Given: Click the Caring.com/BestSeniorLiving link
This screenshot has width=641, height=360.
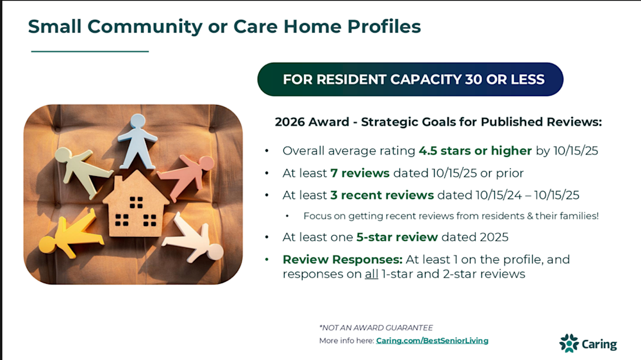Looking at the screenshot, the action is tap(432, 340).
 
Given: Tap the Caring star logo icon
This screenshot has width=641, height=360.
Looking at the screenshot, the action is tap(569, 343).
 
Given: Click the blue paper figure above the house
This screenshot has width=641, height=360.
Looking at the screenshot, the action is tap(137, 141).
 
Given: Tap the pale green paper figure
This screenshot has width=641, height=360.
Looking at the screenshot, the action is tap(83, 170).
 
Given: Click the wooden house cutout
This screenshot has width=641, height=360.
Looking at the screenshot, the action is tap(136, 204).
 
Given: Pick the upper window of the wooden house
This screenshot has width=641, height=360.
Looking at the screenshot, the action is tap(136, 202).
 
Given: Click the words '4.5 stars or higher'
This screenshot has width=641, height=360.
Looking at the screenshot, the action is tap(475, 151).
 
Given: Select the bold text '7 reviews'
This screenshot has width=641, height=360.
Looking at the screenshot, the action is tap(360, 173).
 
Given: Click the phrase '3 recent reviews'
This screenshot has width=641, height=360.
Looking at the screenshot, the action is tap(382, 195).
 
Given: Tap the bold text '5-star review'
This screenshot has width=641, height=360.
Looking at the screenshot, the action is tap(397, 238).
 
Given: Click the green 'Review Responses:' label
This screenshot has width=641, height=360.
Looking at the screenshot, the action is tap(342, 259).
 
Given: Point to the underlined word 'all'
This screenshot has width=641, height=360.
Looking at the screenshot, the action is tap(371, 274).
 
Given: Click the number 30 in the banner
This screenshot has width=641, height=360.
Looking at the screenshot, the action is tap(474, 79).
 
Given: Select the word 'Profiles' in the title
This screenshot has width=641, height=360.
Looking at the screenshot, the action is tap(384, 26).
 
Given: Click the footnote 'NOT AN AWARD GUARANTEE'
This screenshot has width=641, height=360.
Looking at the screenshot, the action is tap(376, 328).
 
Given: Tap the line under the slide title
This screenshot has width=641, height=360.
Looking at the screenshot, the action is tap(90, 51).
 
